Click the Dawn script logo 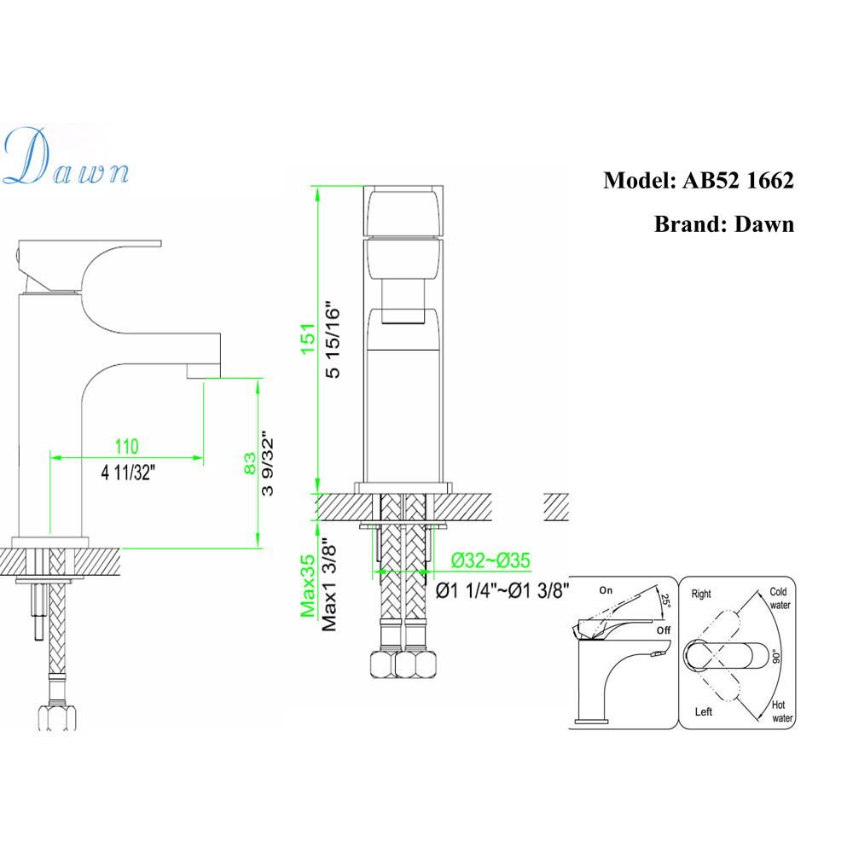66,157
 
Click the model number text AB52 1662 738,181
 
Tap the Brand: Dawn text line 723,224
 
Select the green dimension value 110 127,447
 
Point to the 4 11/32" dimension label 128,473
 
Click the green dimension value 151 308,339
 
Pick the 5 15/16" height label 333,341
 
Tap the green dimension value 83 250,463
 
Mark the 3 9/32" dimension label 267,464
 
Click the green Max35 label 308,586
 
